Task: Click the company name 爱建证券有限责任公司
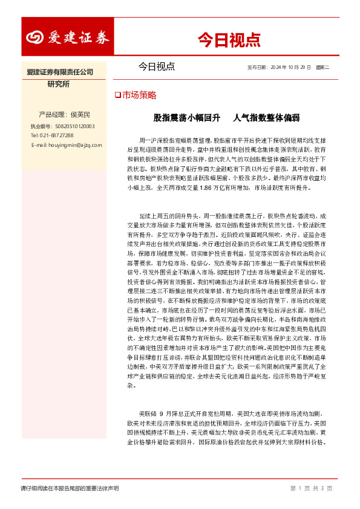61,73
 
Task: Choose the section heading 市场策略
139,96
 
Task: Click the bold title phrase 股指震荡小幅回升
178,117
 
